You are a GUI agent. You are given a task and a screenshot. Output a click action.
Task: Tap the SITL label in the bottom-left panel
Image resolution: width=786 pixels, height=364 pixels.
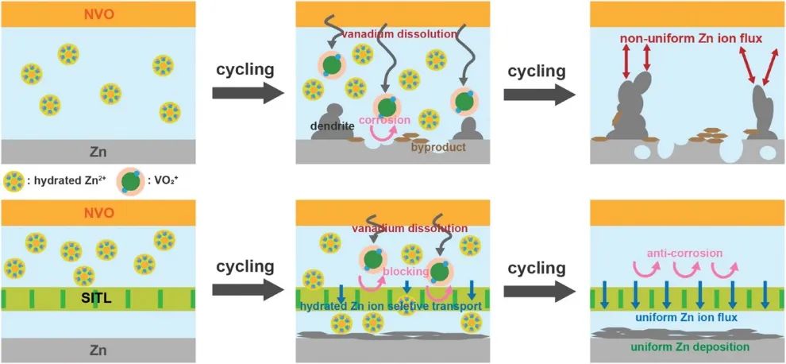[x=98, y=299]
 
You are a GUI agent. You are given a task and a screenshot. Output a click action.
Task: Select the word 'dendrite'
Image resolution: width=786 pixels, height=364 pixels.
[x=332, y=126]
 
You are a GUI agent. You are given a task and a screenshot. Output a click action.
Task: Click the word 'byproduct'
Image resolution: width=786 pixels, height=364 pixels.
[x=439, y=147]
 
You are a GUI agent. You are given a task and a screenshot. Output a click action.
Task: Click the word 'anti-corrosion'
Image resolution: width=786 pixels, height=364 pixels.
[x=684, y=254]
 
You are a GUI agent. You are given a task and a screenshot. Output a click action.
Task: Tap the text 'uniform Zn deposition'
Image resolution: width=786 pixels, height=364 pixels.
[x=688, y=347]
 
